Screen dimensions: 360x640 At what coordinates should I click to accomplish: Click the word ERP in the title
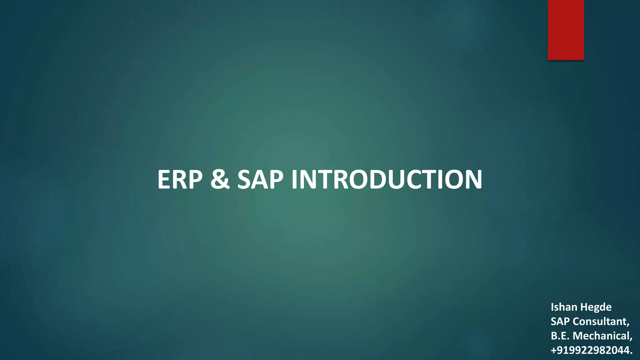(x=180, y=180)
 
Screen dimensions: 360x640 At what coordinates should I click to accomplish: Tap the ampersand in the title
(x=220, y=180)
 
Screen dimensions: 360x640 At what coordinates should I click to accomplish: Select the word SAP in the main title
(x=260, y=180)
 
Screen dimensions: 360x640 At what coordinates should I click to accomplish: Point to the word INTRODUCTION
(x=387, y=180)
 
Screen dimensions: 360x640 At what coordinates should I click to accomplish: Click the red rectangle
(x=566, y=30)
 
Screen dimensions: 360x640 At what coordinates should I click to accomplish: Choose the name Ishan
(x=562, y=307)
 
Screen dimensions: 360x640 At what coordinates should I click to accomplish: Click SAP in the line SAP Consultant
(x=560, y=321)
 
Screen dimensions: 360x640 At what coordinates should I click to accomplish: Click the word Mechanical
(x=602, y=336)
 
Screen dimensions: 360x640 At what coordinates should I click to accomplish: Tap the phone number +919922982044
(x=592, y=350)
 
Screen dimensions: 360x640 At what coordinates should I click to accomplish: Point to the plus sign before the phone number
(x=553, y=351)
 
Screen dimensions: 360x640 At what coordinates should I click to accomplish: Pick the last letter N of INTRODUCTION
(x=472, y=180)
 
